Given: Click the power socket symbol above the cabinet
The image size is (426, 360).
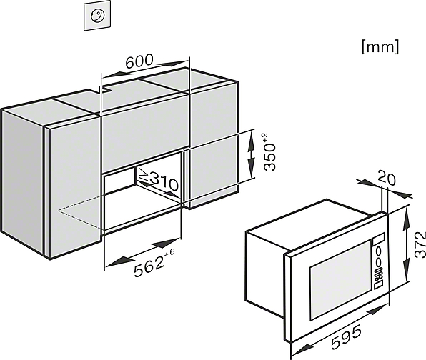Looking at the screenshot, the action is (97, 16).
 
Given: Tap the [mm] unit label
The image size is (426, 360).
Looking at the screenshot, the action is (380, 46).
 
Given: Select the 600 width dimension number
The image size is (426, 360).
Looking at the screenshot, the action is (139, 61).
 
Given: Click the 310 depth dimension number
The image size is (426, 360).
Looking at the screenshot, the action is (164, 181).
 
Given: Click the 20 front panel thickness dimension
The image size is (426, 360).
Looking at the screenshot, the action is (387, 178).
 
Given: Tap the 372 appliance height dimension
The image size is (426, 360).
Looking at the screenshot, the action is (420, 244).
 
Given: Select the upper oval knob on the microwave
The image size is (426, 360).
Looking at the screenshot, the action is (379, 251).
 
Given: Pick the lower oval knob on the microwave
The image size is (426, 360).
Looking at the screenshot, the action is (378, 262).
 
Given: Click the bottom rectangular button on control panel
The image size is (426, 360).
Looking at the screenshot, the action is (378, 284).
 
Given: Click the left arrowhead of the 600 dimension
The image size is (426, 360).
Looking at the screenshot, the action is (112, 74).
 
